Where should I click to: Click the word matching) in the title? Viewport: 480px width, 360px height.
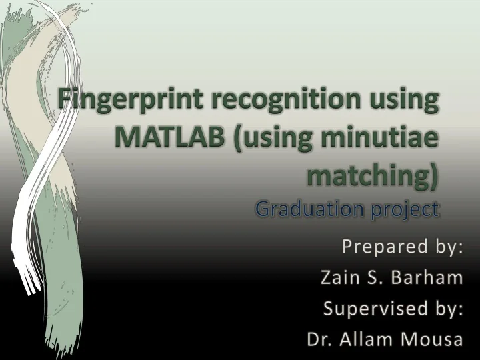373,175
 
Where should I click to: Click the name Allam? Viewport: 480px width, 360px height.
367,339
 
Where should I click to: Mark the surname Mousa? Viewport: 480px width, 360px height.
431,339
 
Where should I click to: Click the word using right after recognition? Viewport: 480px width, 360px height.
406,101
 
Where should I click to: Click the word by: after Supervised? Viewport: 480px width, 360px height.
447,309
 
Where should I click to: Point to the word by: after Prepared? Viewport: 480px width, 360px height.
447,247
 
